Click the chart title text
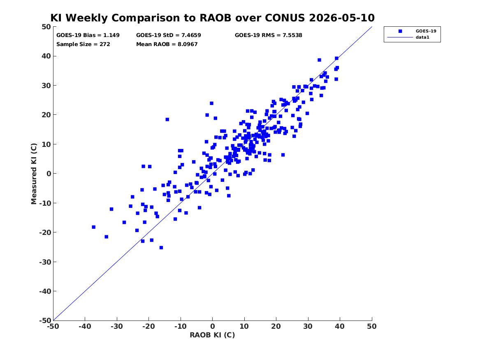(213, 18)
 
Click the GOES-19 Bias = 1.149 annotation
(88, 35)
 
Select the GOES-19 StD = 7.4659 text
(169, 35)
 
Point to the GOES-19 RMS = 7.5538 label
(269, 35)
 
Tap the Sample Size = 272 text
(83, 44)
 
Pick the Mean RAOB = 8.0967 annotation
(167, 44)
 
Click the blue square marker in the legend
(400, 31)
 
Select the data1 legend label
(422, 37)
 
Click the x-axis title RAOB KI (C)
(213, 335)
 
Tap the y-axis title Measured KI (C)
(34, 174)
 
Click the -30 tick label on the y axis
(45, 262)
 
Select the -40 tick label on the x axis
(85, 326)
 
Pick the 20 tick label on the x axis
(276, 326)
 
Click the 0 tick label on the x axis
(213, 326)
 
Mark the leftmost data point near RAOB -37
(94, 227)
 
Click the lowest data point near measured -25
(161, 248)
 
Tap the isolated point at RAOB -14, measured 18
(167, 119)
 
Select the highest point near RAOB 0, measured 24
(211, 103)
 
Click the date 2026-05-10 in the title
(342, 18)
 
